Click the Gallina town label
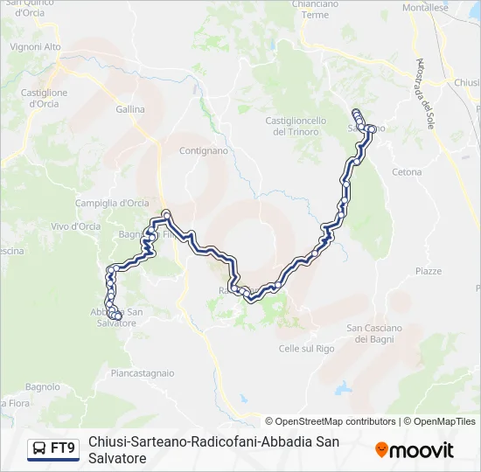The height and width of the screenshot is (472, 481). (x=130, y=110)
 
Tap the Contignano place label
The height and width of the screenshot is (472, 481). (x=204, y=150)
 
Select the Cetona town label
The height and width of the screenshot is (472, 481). (x=408, y=172)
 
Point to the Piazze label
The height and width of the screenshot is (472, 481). (x=429, y=271)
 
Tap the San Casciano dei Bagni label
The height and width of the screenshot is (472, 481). (x=374, y=333)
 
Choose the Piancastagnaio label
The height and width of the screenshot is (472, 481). (x=143, y=371)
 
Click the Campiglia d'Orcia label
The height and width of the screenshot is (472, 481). (x=124, y=203)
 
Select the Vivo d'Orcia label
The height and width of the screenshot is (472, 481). (x=75, y=226)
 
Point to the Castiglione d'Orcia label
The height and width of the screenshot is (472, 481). (x=44, y=98)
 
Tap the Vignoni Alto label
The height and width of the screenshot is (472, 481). (x=36, y=46)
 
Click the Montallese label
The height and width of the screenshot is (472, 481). (x=425, y=7)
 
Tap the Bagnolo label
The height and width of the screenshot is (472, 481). (x=42, y=386)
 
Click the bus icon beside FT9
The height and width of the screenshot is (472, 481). (x=39, y=448)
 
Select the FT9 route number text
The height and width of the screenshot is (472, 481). (x=63, y=448)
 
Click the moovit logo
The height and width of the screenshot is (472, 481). (x=415, y=450)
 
